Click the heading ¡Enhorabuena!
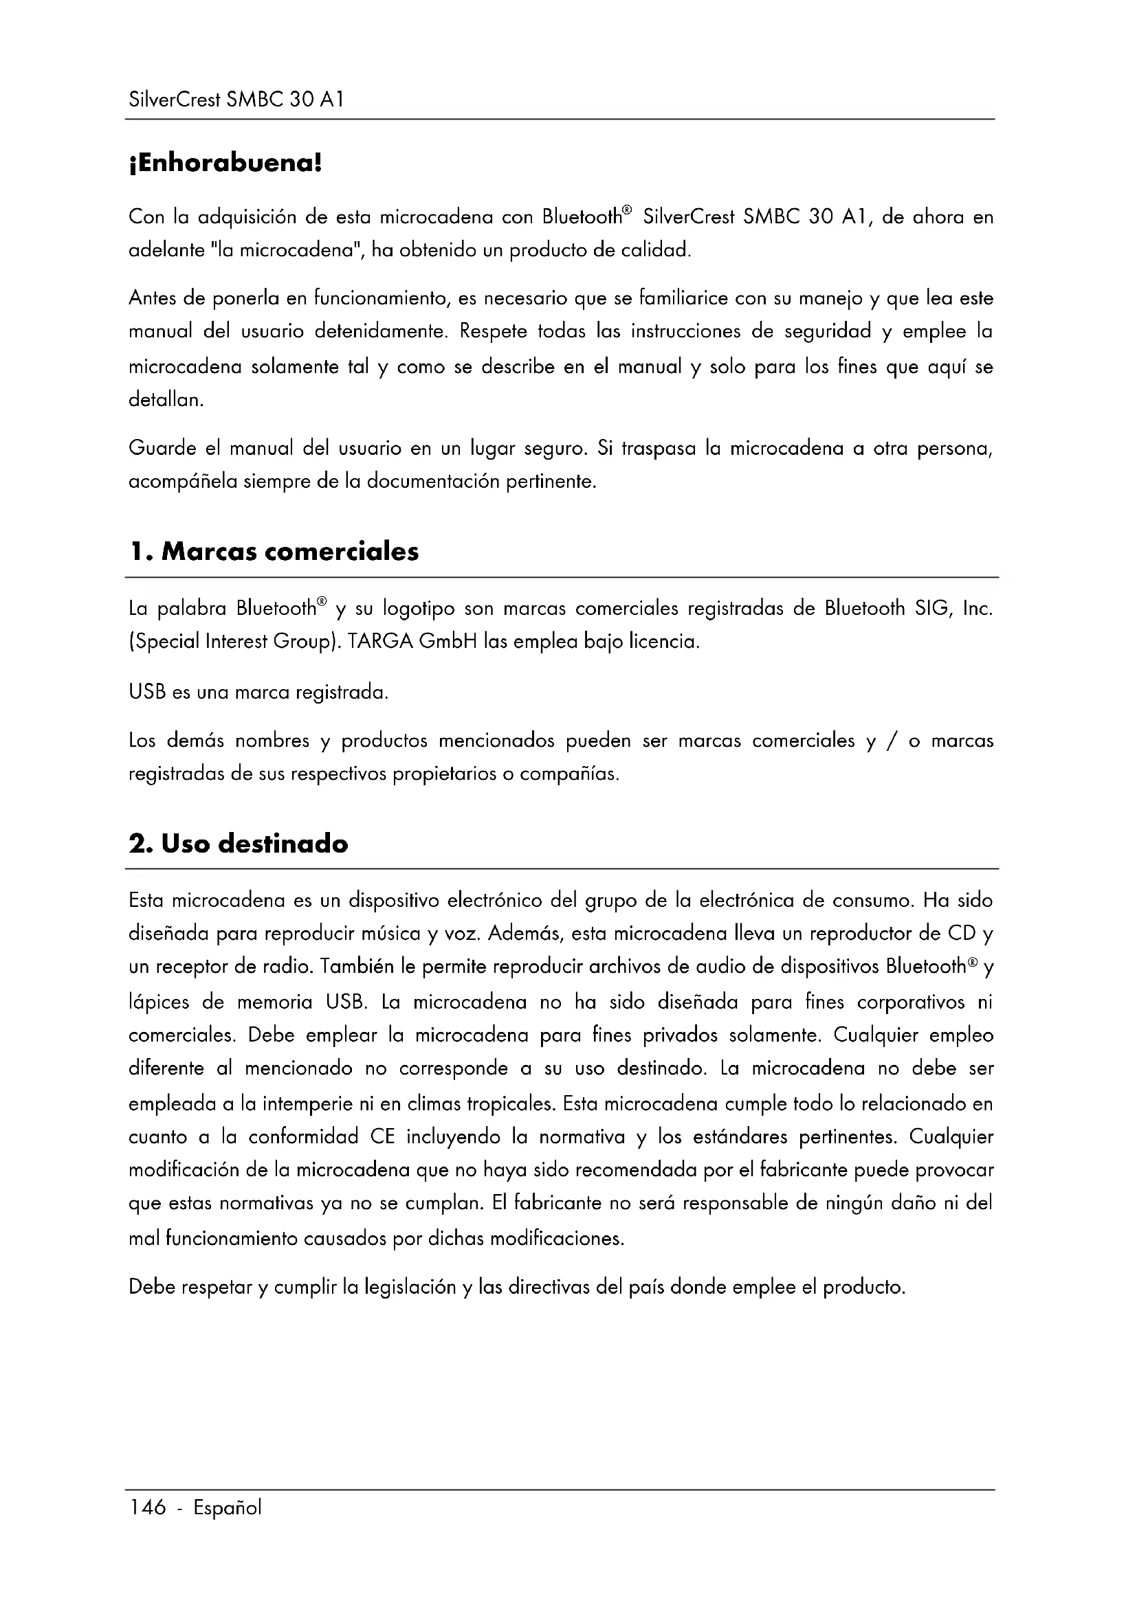pyautogui.click(x=225, y=164)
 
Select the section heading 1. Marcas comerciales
pyautogui.click(x=274, y=552)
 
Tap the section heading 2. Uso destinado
pyautogui.click(x=238, y=844)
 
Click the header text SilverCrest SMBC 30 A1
pyautogui.click(x=236, y=100)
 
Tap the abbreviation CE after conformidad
pyautogui.click(x=383, y=1136)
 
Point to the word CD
pyautogui.click(x=962, y=933)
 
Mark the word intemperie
pyautogui.click(x=307, y=1104)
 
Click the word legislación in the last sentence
pyautogui.click(x=410, y=1287)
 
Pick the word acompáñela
pyautogui.click(x=183, y=482)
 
